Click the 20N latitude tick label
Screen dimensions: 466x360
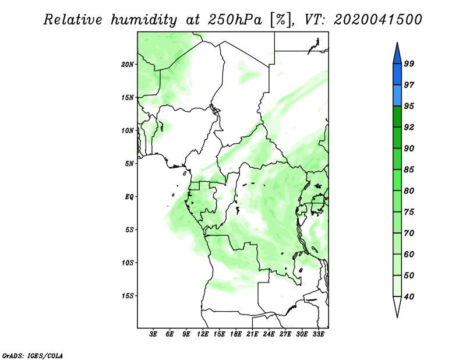point(128,64)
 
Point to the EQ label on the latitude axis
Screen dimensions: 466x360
point(129,197)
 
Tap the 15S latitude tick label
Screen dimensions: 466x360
point(128,296)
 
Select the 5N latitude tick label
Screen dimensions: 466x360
point(129,164)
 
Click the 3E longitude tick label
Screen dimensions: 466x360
point(153,334)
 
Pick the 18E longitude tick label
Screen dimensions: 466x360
point(236,334)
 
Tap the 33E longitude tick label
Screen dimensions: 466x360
point(318,334)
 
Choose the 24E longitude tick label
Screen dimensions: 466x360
point(269,334)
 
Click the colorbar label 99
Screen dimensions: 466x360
point(409,63)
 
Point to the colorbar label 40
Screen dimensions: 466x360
point(409,297)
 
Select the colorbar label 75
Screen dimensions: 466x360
point(409,212)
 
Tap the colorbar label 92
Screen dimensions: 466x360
point(409,127)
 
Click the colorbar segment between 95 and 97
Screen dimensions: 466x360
point(397,96)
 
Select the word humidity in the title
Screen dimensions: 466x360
point(144,20)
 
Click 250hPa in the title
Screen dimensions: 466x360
point(235,20)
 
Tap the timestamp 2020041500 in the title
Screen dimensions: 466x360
point(377,20)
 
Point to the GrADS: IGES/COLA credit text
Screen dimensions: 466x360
point(33,355)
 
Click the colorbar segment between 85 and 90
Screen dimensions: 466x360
point(397,159)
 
